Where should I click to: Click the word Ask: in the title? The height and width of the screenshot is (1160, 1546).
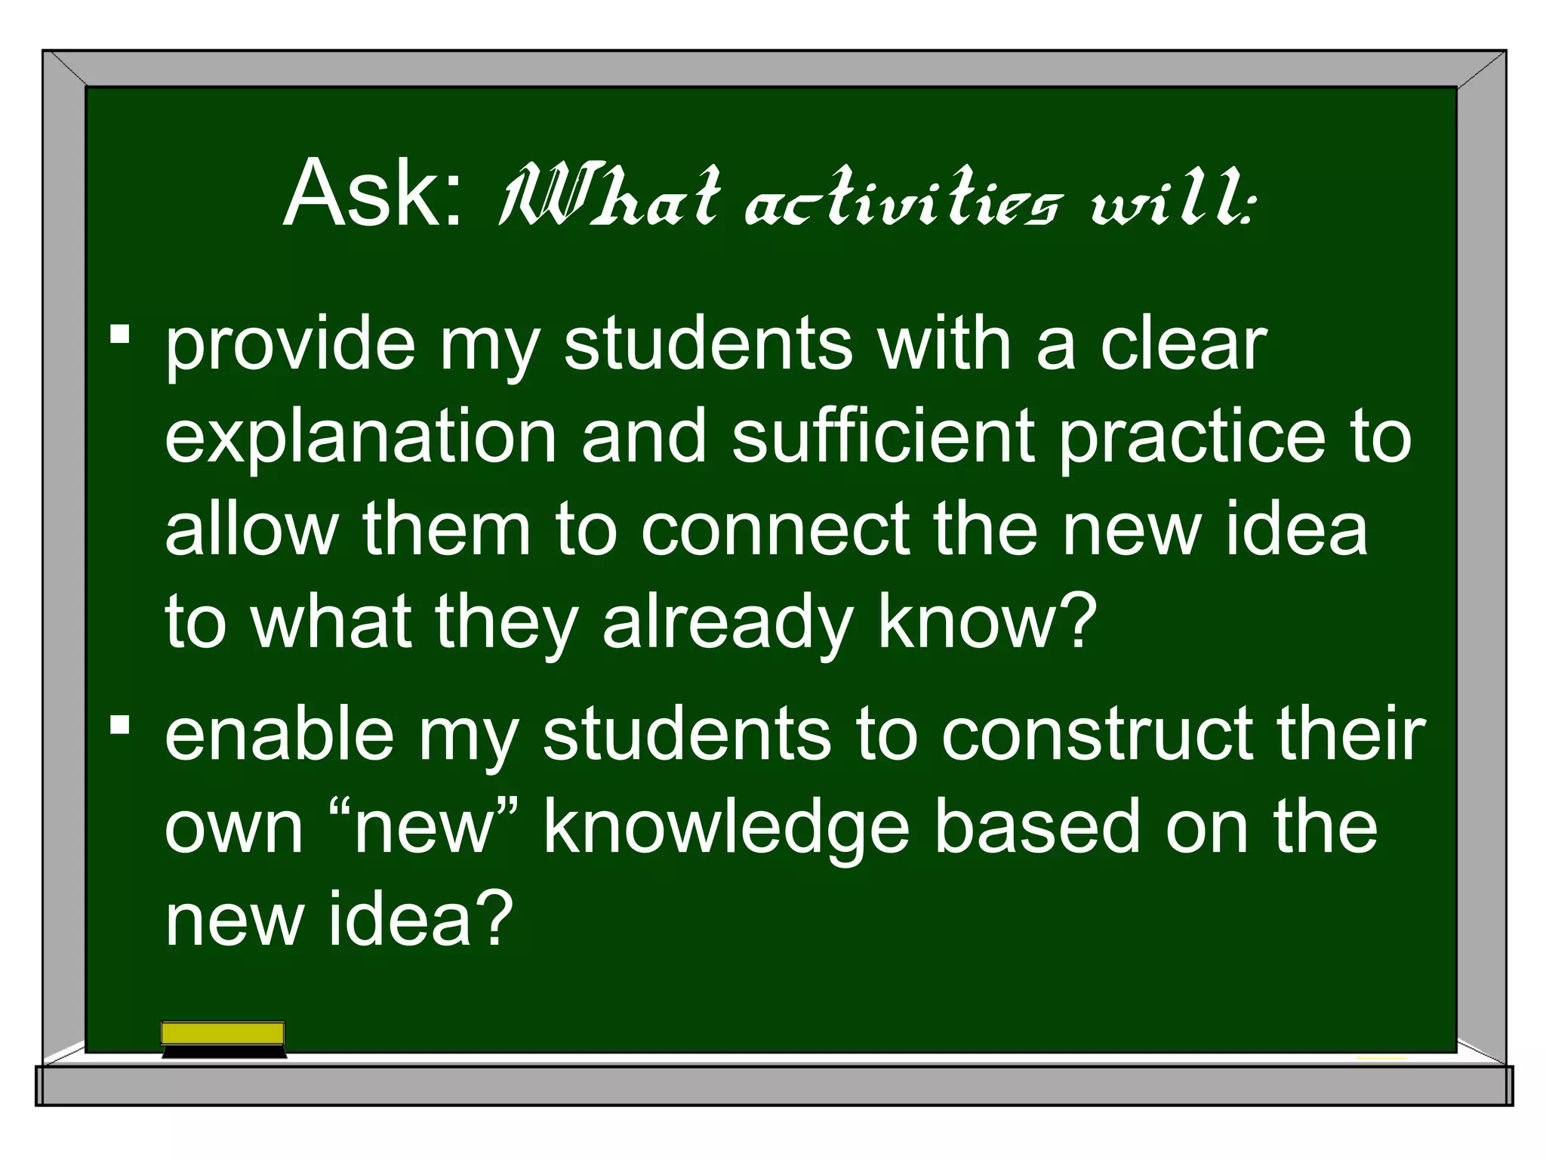coord(373,194)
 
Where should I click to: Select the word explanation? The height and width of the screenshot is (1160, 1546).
coord(360,438)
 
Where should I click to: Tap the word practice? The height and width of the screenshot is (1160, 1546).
coord(1191,438)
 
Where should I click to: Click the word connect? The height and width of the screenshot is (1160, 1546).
coord(775,529)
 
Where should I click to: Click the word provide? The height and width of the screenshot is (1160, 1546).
coord(290,347)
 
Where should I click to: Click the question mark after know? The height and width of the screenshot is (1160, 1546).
coord(1074,621)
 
